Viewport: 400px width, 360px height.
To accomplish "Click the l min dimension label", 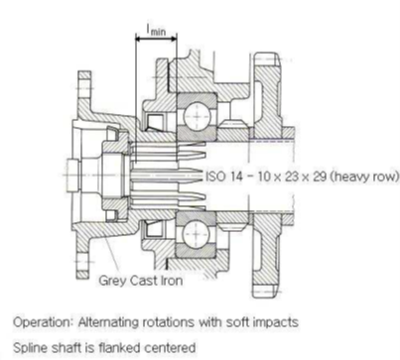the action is pyautogui.click(x=156, y=30).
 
